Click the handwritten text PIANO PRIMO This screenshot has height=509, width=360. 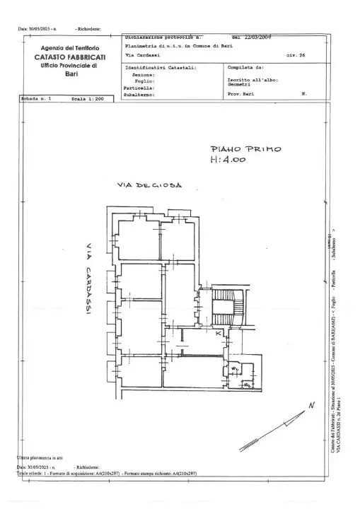coord(245,149)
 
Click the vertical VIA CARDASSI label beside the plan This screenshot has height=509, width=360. coord(88,279)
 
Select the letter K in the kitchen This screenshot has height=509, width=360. coord(219,332)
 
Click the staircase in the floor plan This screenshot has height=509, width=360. coord(228,308)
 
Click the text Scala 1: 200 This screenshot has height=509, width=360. coord(88,100)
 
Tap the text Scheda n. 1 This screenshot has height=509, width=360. coord(36,100)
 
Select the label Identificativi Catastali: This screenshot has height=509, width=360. coord(161,69)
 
